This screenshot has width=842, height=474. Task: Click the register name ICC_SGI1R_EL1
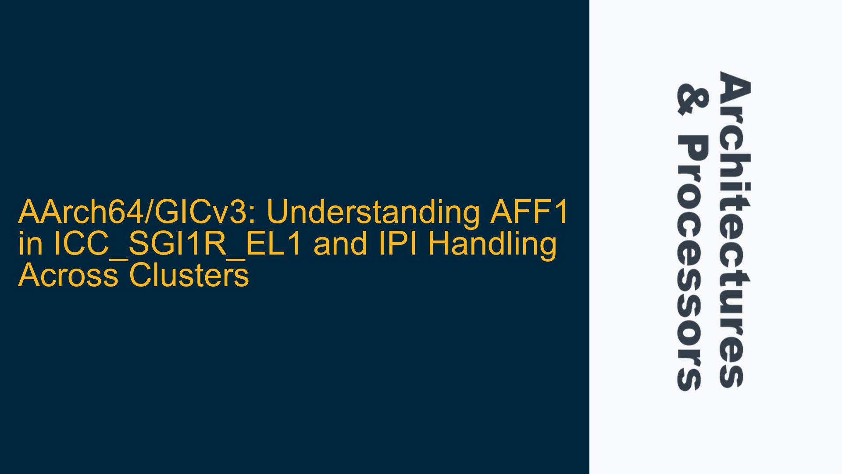tap(178, 245)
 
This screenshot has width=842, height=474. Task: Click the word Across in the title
tap(68, 276)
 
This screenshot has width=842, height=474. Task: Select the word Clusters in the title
tap(189, 275)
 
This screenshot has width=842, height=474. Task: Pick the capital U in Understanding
tap(278, 213)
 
